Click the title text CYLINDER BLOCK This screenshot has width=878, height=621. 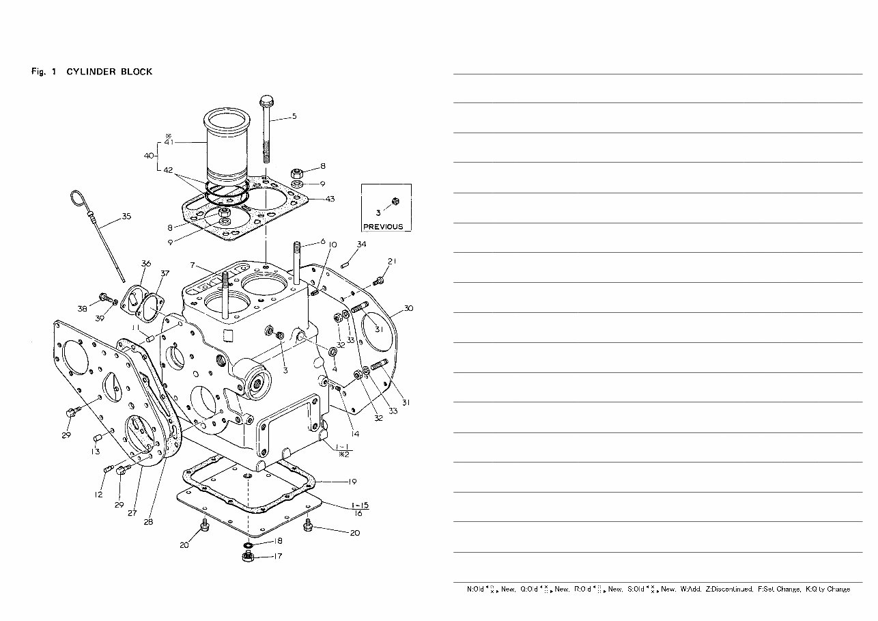coord(109,72)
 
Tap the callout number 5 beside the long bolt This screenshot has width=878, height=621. coord(294,116)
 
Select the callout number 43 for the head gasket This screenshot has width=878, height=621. coord(330,199)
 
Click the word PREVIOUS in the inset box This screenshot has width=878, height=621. coord(382,227)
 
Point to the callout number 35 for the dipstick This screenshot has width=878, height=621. coord(126,217)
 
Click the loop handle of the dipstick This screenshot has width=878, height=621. coord(76,199)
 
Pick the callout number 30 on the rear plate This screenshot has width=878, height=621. coord(408,308)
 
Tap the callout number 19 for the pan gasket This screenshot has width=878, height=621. coord(352,482)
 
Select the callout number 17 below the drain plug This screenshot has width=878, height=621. coord(278,556)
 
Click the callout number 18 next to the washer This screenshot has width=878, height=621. coord(278,540)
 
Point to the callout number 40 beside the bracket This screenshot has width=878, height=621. coord(150,156)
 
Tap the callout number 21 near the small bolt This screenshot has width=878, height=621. coord(392,261)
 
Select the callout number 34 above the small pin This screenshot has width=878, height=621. coord(361,244)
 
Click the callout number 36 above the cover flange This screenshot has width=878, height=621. coord(145,264)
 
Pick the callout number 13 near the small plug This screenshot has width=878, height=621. coord(96,452)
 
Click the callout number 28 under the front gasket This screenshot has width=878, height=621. coord(148,521)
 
